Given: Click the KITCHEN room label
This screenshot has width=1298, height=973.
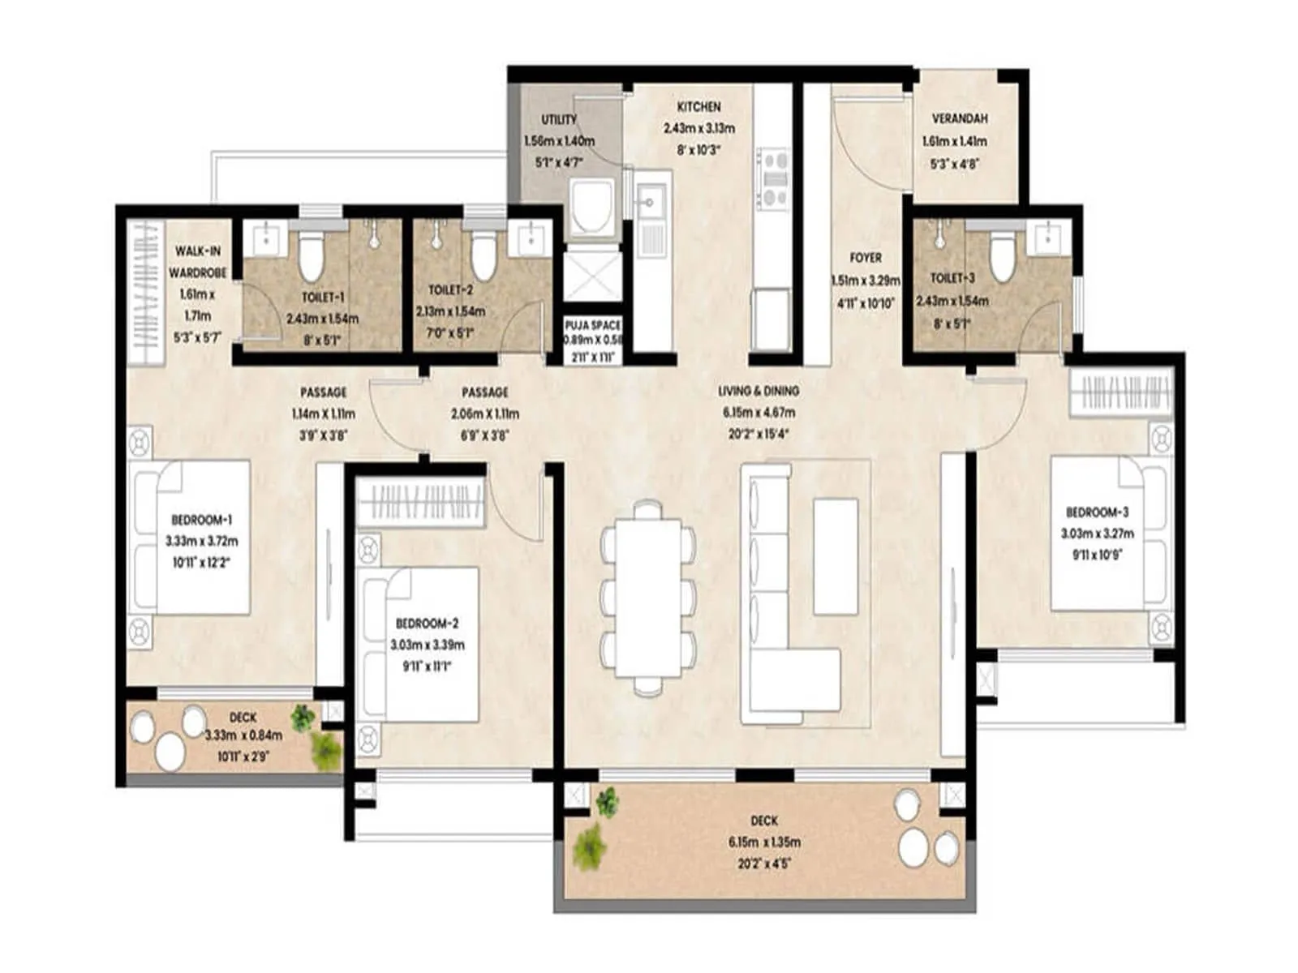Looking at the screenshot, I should (698, 107).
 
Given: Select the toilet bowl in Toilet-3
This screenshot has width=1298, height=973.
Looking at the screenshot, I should (1003, 255).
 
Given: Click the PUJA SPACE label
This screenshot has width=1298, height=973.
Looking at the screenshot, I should (593, 325).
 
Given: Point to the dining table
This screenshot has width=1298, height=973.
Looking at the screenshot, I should (648, 598).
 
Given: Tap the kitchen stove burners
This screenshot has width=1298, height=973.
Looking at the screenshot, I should (772, 178).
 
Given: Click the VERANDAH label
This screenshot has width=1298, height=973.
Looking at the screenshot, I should (960, 118).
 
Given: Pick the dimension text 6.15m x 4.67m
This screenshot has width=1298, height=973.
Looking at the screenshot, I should (759, 413).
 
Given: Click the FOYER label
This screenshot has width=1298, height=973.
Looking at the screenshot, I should (865, 258).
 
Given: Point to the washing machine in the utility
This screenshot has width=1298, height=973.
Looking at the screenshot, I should (591, 208).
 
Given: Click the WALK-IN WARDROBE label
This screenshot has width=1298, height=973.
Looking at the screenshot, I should (197, 262).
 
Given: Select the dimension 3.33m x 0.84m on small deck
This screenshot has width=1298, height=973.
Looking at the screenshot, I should (243, 735).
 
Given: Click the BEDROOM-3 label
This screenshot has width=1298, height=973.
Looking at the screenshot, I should (1097, 512).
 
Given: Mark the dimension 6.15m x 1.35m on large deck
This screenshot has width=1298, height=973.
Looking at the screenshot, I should (763, 842).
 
